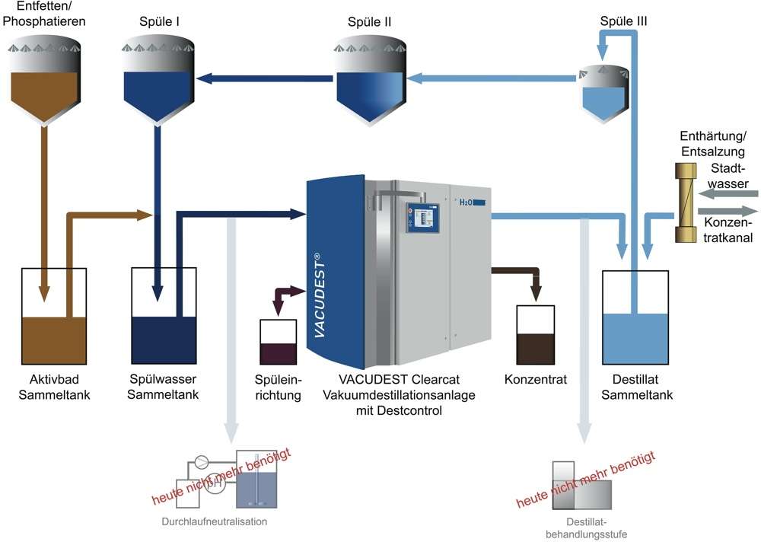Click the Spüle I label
click(x=159, y=21)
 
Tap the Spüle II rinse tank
click(x=370, y=84)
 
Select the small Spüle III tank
click(x=603, y=93)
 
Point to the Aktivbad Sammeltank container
click(x=54, y=316)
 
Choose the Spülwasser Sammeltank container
click(x=164, y=316)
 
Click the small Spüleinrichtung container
click(x=278, y=342)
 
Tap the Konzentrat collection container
click(x=535, y=335)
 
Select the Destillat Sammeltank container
click(x=635, y=317)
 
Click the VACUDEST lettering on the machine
click(x=320, y=295)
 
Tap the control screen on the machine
click(x=422, y=217)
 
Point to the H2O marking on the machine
click(x=466, y=202)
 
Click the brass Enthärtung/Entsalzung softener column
click(x=686, y=202)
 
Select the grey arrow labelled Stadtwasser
click(x=728, y=194)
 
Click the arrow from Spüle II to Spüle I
click(x=265, y=78)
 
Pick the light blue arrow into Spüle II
click(x=492, y=78)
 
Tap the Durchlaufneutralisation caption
click(x=214, y=521)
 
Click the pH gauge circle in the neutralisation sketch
click(x=215, y=483)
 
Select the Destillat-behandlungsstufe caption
click(x=586, y=528)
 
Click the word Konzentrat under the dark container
click(x=535, y=379)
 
